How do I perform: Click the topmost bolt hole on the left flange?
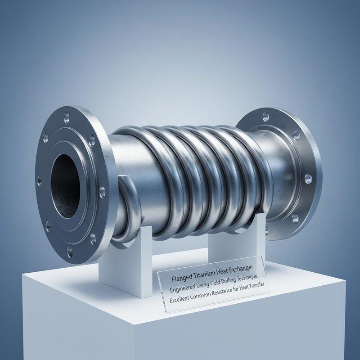click(67, 118)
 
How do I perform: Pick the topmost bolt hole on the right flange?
click(265, 117)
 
